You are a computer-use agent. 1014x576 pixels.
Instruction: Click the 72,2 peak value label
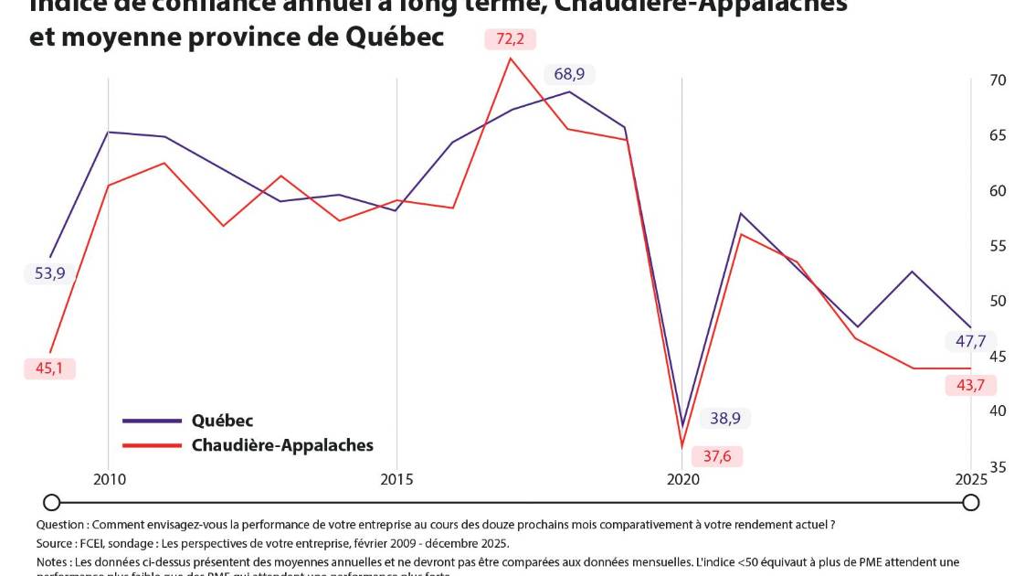[510, 39]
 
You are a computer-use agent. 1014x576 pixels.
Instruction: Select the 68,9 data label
[569, 74]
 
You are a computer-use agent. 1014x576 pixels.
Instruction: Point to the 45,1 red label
[49, 368]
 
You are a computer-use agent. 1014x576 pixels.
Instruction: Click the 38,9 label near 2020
[725, 419]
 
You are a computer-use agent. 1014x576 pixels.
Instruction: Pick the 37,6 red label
[717, 455]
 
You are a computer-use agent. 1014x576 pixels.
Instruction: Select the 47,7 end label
[969, 342]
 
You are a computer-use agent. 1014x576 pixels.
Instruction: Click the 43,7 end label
[969, 385]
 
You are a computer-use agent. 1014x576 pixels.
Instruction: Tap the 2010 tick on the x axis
[109, 479]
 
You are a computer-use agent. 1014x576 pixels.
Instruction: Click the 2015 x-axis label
[396, 479]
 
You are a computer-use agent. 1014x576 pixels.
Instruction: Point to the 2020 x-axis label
[682, 479]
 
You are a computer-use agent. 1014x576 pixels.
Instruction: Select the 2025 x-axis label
[970, 479]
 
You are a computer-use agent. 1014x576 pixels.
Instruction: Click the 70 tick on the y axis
[998, 80]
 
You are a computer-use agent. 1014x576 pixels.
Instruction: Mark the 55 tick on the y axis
[998, 246]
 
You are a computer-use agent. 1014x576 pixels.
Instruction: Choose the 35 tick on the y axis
[998, 467]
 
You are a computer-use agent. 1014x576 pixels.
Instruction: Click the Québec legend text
[222, 421]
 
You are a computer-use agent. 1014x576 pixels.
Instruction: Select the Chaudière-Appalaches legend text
[282, 445]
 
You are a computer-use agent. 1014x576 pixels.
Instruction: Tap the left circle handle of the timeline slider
[52, 502]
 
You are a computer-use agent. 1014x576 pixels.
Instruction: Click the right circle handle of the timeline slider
[971, 502]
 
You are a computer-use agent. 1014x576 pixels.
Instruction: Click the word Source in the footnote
[55, 543]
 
